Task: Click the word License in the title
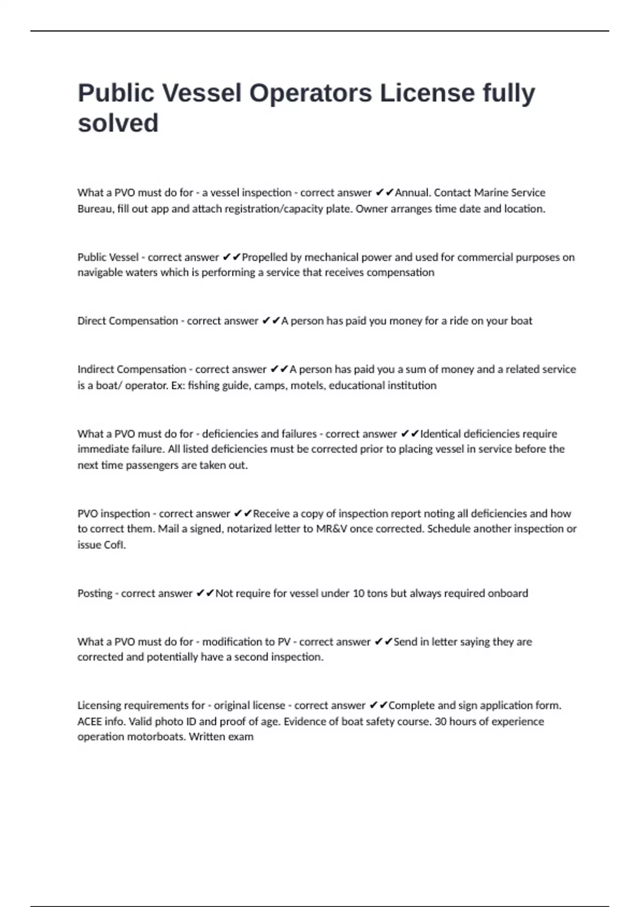[427, 93]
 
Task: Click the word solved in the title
[118, 123]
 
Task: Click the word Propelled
[265, 257]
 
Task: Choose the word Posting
[94, 593]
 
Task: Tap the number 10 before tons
[358, 593]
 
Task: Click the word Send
[405, 642]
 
